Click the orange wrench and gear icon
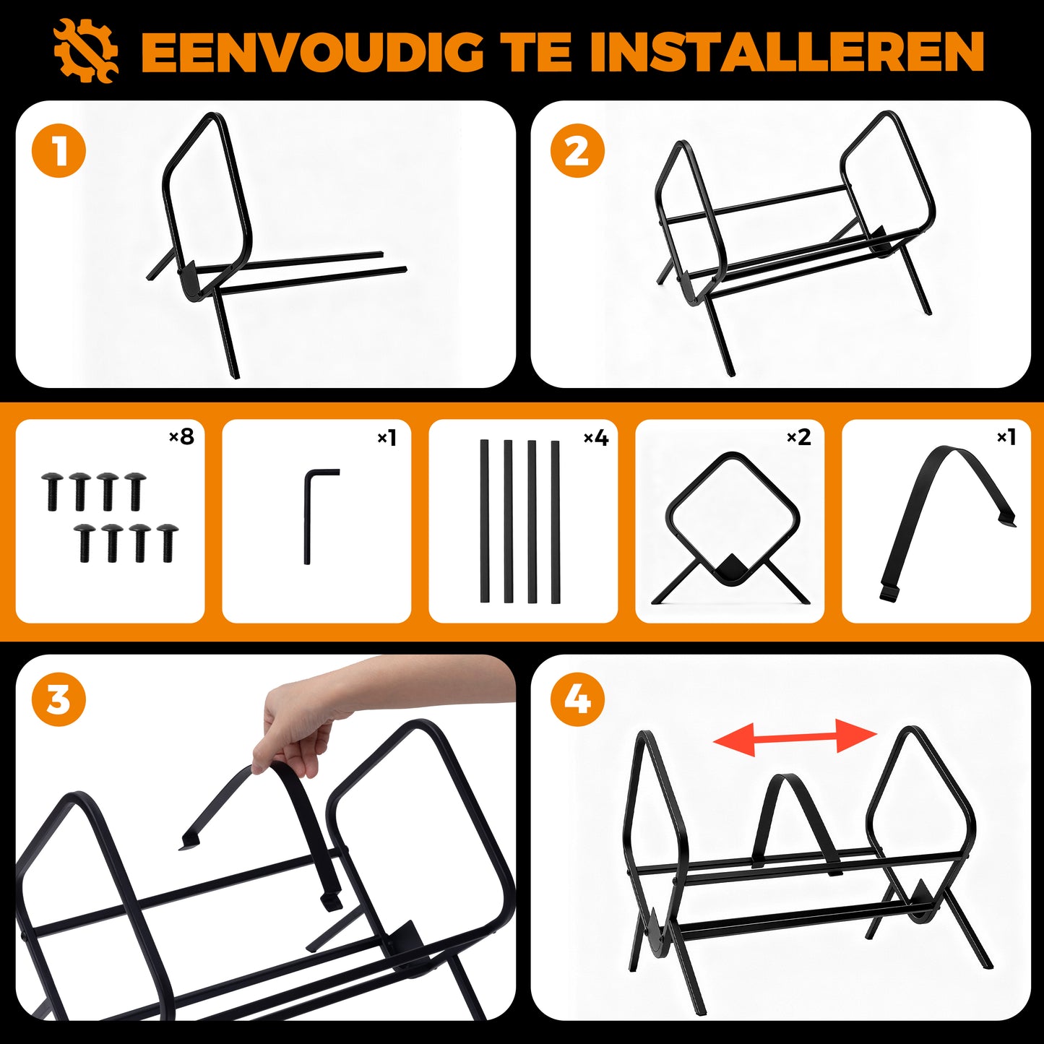coord(85,51)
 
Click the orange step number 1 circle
coord(59,151)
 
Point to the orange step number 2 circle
coord(577,151)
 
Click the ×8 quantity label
coord(181,436)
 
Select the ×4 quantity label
coord(596,436)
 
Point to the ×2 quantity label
coord(799,436)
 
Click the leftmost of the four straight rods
coord(484,521)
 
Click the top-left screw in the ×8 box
coord(52,491)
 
